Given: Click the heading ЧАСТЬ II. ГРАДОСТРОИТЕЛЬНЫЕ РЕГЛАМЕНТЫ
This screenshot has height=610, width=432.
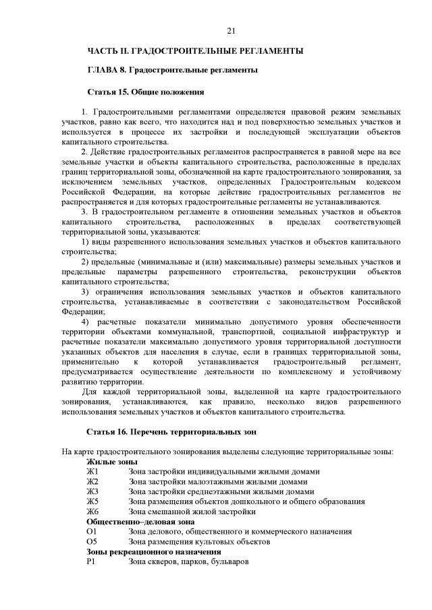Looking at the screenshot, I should [194, 51].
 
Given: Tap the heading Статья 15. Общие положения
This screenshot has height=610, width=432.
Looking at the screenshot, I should [146, 90].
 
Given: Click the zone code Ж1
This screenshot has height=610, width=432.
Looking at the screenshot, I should [92, 472].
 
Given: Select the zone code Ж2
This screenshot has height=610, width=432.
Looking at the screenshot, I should [92, 482].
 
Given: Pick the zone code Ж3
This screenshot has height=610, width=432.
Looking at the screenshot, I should [92, 492].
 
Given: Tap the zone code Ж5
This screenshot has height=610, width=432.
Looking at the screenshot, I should [92, 502].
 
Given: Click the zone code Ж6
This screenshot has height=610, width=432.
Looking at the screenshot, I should [92, 512].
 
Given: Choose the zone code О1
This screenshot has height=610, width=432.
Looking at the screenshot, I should [92, 532].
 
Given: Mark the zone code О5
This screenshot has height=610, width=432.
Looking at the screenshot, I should [92, 542].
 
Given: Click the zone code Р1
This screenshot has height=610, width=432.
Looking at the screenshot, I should [92, 561].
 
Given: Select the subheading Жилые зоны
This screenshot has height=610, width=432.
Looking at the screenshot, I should [112, 462].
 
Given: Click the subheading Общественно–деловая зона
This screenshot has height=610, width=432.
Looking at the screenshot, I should [140, 522].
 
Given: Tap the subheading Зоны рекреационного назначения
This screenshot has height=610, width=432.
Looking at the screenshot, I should [144, 552].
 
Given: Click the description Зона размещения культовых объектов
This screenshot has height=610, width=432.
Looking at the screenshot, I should [199, 542].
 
